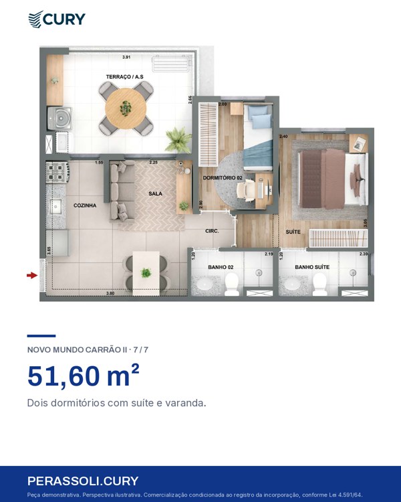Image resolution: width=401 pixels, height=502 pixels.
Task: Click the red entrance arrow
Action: pyautogui.click(x=32, y=275)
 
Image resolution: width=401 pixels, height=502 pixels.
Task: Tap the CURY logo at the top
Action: pyautogui.click(x=57, y=19)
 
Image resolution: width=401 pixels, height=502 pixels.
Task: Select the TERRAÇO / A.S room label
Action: pyautogui.click(x=125, y=77)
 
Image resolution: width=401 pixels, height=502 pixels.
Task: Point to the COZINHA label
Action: pyautogui.click(x=85, y=205)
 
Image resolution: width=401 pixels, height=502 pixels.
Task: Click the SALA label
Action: pyautogui.click(x=156, y=193)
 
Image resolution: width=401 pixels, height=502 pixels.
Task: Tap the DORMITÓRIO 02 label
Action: pyautogui.click(x=223, y=177)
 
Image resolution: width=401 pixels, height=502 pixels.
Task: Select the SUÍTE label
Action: pyautogui.click(x=293, y=232)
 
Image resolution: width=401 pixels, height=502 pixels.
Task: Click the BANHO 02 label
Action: pyautogui.click(x=221, y=267)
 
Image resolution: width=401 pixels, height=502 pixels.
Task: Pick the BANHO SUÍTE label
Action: pyautogui.click(x=312, y=267)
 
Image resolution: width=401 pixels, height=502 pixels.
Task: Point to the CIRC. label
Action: pyautogui.click(x=212, y=231)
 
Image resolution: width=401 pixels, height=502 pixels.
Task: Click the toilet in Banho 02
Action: pyautogui.click(x=232, y=284)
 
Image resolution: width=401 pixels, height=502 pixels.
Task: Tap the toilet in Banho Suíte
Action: pyautogui.click(x=319, y=284)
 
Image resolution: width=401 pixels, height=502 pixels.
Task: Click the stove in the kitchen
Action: pyautogui.click(x=57, y=172)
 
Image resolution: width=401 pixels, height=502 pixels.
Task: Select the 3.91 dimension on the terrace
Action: pyautogui.click(x=126, y=58)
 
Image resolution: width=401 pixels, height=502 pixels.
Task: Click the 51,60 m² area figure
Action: pyautogui.click(x=84, y=375)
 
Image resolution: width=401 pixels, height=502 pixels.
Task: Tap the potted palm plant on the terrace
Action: pyautogui.click(x=178, y=140)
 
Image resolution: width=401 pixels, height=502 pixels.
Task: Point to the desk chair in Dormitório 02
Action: pyautogui.click(x=245, y=190)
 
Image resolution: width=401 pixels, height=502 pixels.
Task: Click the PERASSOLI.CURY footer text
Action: pyautogui.click(x=83, y=481)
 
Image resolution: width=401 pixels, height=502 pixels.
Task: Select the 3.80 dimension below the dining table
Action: pyautogui.click(x=110, y=293)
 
